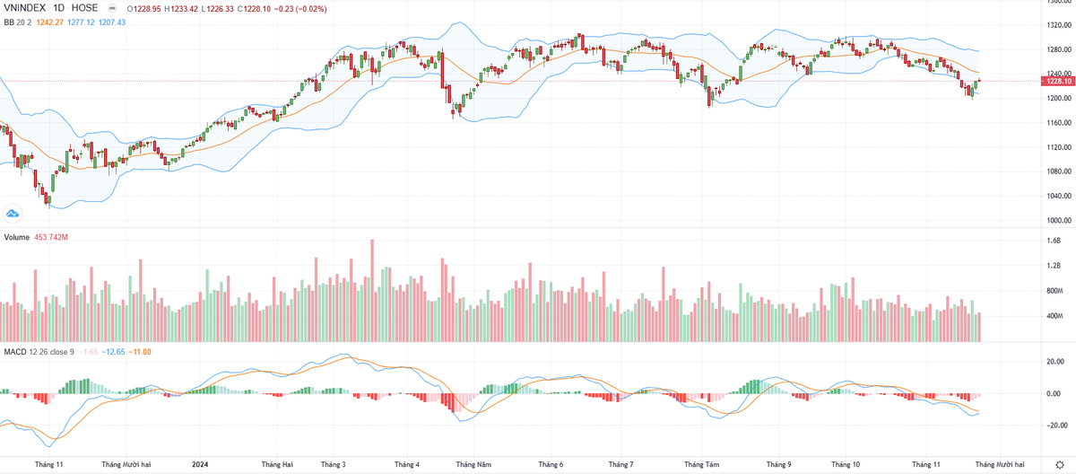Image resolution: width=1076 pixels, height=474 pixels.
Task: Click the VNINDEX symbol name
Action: (25, 7)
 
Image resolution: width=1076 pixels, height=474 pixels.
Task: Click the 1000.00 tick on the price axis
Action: (1055, 220)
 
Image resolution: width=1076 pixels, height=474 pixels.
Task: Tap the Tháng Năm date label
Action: (473, 464)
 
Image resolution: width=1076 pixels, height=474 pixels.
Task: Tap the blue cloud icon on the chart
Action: (13, 213)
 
